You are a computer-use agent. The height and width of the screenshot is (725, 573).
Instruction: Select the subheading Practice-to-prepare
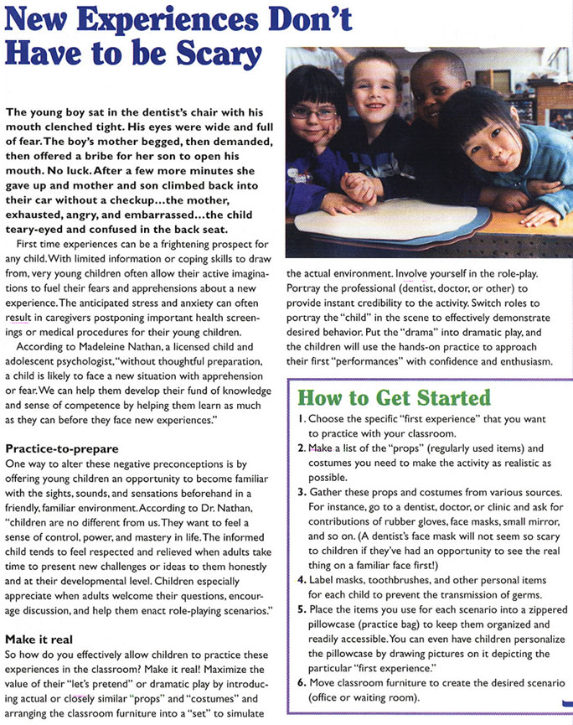coord(62,449)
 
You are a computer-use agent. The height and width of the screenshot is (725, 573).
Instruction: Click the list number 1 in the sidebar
coord(302,418)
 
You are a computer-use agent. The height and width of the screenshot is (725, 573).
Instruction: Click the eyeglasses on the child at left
coord(314,111)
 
